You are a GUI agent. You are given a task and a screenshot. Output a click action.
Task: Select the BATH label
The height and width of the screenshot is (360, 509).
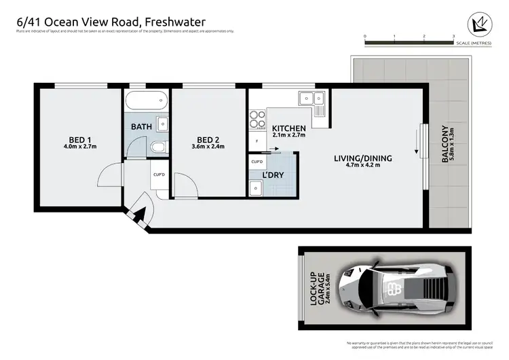coord(142,126)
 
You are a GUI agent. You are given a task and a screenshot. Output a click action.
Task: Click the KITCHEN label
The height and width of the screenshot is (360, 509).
coord(289,128)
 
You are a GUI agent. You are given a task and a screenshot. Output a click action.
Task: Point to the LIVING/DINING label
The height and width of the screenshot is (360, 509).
coord(362,159)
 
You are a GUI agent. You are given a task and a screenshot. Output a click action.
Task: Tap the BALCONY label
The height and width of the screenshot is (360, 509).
coord(446,144)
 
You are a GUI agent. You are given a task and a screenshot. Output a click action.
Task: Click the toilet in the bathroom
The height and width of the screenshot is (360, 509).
coord(157,147)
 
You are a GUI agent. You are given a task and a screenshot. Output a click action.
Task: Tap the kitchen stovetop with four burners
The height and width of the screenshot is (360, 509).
coord(258,120)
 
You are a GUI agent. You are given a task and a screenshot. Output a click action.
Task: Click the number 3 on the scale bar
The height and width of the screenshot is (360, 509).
coord(453,36)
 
